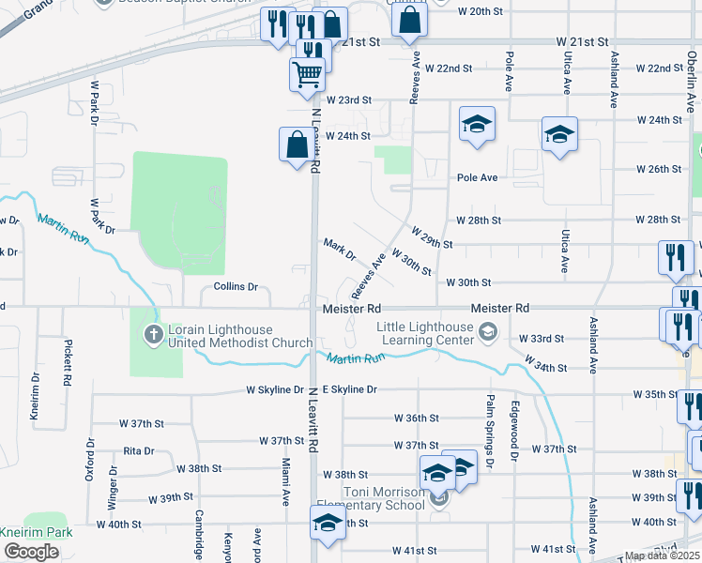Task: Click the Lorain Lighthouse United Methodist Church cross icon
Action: (152, 334)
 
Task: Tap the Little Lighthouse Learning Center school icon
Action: (487, 330)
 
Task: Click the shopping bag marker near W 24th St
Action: (297, 145)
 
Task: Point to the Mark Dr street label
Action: (340, 250)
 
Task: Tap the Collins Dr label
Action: (236, 286)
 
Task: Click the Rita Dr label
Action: (138, 450)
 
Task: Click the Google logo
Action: (31, 552)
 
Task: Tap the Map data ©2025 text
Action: (661, 555)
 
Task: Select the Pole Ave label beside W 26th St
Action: (477, 177)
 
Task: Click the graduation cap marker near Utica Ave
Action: (559, 133)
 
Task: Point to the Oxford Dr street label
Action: (90, 459)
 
